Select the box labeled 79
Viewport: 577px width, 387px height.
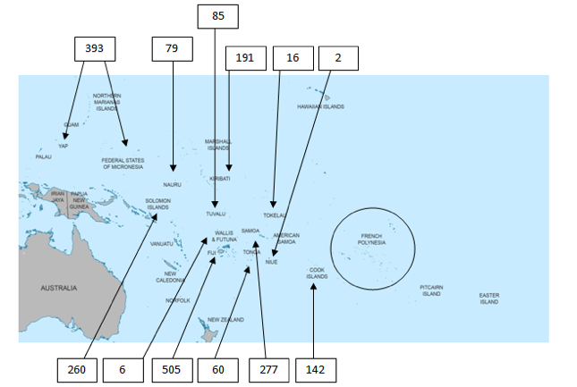[173, 48]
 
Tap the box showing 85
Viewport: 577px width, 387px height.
[218, 15]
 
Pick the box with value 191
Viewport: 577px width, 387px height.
[244, 58]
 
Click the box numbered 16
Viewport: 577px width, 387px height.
[293, 58]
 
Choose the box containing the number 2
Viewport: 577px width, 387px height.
[337, 58]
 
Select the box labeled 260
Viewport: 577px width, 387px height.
[76, 369]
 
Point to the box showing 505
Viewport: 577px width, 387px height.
[173, 369]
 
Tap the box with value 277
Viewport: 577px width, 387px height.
[269, 369]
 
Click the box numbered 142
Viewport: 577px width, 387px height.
[314, 369]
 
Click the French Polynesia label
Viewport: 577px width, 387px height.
[371, 240]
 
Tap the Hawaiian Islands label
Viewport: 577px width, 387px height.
[320, 106]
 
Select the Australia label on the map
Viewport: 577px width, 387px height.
[58, 288]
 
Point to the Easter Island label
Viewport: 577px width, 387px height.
[488, 299]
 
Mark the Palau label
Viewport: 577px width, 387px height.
[44, 156]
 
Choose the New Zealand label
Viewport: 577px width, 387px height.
[225, 319]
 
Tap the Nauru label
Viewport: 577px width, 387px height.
[172, 184]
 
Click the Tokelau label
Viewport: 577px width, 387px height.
[274, 215]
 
